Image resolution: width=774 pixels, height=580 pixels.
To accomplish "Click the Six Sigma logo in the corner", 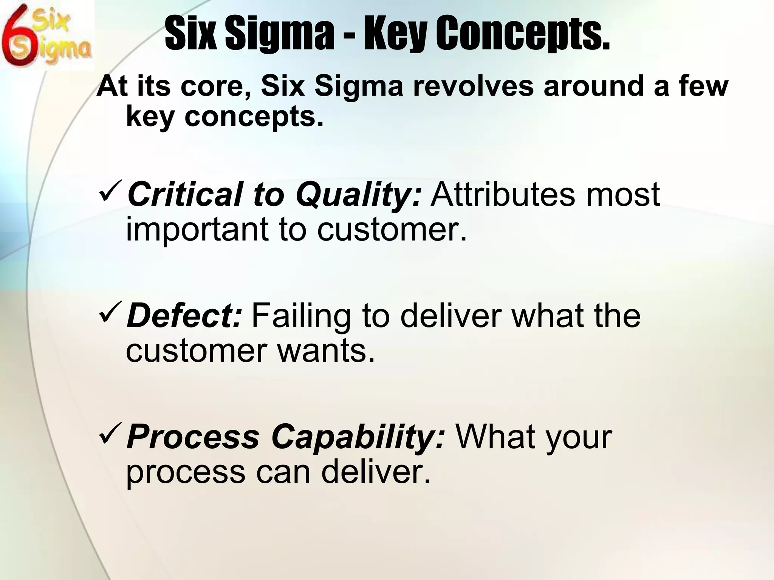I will [x=47, y=35].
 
